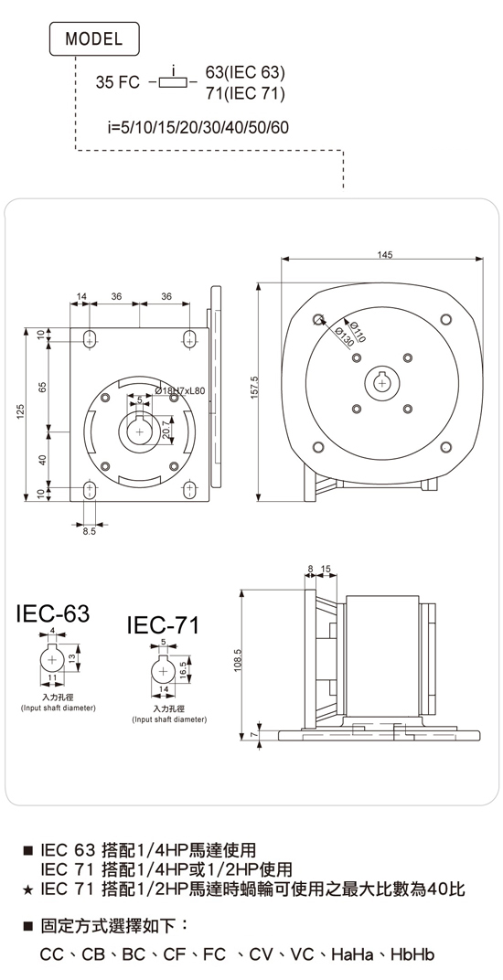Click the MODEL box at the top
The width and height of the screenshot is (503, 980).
94,39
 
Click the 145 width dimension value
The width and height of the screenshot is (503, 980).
385,254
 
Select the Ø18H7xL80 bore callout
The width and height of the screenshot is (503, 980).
179,390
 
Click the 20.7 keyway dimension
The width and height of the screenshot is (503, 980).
166,429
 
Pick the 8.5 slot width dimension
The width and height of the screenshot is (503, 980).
90,532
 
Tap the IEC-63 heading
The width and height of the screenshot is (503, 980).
53,613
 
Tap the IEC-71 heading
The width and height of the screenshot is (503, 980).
163,625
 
